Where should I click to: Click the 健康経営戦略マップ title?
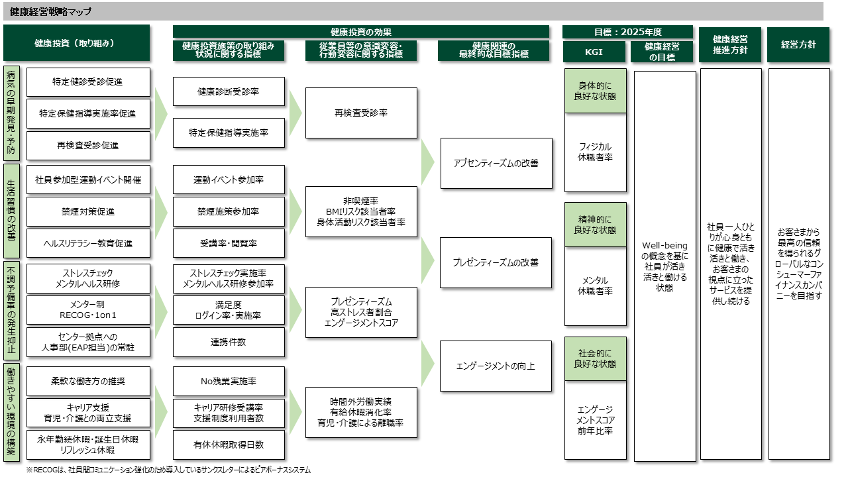[51, 12]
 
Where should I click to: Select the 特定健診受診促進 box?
[88, 82]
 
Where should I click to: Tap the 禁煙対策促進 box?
[88, 211]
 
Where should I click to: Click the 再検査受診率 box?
[361, 113]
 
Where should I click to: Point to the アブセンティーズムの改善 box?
[496, 163]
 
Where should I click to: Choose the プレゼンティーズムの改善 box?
[496, 262]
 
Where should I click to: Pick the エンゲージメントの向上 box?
[496, 366]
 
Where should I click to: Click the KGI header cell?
[595, 51]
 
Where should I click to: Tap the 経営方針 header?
[798, 45]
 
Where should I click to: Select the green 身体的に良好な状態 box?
[595, 91]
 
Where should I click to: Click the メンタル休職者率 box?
[595, 286]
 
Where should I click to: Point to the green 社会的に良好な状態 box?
[595, 358]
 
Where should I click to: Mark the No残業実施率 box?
[229, 382]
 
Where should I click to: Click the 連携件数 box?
[229, 342]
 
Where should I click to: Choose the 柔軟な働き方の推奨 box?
[88, 382]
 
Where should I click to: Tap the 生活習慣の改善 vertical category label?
[11, 211]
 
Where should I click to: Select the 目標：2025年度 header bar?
[627, 32]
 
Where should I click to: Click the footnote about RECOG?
[168, 470]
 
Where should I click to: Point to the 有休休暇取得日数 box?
[229, 445]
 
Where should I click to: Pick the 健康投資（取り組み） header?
[76, 43]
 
